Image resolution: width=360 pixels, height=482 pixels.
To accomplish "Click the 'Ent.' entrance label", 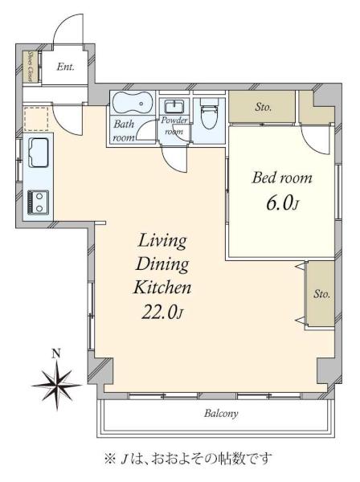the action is click(65, 67).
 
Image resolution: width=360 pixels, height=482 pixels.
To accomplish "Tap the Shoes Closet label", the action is click(31, 66).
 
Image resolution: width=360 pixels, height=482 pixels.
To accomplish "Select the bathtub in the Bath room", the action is click(133, 103).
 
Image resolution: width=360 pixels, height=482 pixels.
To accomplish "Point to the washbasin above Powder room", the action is click(174, 106).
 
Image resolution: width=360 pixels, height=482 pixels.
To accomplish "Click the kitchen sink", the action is click(39, 153).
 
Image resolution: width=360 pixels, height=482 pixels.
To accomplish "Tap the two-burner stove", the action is click(38, 202).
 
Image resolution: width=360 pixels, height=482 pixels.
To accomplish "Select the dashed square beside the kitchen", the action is click(36, 118).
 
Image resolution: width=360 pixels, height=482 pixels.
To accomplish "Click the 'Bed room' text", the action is click(282, 178).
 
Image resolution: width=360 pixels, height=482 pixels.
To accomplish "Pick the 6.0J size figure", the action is click(282, 203).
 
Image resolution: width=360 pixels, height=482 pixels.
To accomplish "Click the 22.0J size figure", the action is click(162, 312).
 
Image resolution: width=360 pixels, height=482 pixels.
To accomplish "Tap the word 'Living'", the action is click(162, 241).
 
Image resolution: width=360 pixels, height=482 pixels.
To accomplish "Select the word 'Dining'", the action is click(162, 264).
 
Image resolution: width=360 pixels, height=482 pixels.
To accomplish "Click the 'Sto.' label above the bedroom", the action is click(263, 107).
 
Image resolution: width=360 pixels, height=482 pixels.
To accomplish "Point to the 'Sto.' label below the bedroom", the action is click(321, 294).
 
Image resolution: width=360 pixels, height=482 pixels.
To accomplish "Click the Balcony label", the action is click(221, 414).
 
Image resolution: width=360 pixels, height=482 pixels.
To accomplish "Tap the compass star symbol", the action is click(57, 385).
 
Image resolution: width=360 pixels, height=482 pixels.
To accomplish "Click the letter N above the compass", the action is click(55, 353).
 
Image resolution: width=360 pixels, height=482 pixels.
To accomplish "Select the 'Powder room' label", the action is click(174, 126).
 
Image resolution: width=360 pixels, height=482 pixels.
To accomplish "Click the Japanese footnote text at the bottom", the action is click(188, 459).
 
